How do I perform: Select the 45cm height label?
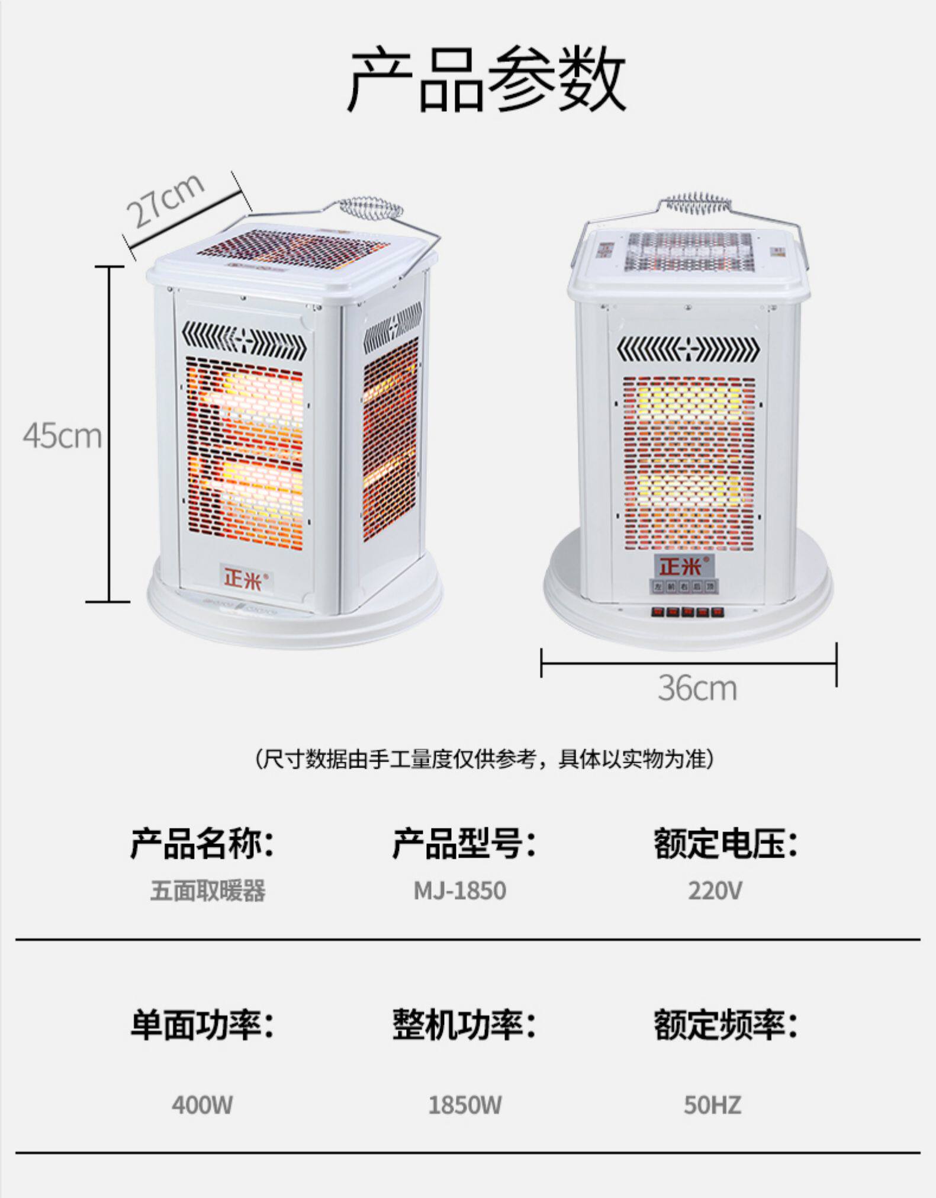coord(62,436)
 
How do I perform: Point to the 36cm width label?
coord(697,689)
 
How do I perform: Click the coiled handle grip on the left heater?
coord(371,209)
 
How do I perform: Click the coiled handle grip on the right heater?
coord(696,204)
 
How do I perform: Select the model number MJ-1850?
coord(459,891)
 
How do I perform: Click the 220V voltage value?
coord(714,891)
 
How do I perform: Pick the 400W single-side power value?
coord(202,1105)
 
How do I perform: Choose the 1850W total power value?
coord(464,1105)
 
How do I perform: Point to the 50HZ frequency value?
coord(712,1105)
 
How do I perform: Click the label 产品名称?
coord(202,843)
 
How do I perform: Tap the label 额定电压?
coord(725,843)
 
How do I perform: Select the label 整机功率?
coord(464,1024)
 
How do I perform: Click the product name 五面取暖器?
coord(207,891)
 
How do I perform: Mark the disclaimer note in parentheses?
coord(484,759)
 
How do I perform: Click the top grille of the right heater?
coord(690,251)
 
